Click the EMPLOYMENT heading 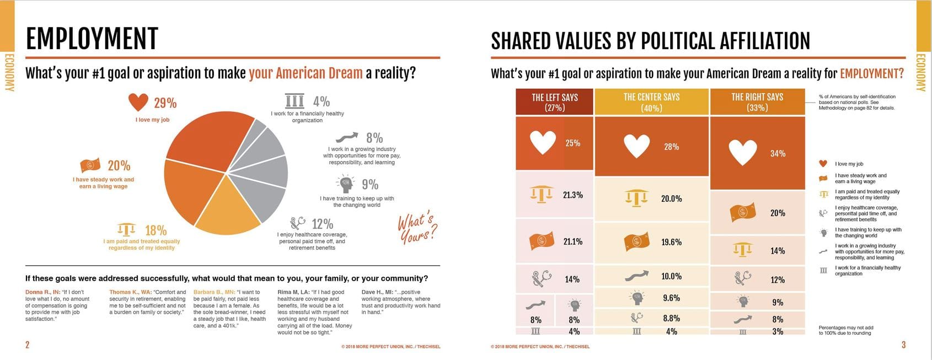(x=92, y=39)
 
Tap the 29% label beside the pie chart (x=165, y=103)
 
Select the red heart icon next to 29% (x=138, y=102)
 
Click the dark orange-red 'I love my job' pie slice (x=204, y=143)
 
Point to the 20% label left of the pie (x=119, y=165)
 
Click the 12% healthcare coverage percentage (x=322, y=224)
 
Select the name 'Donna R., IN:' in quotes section (x=42, y=292)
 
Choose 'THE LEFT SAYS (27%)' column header (x=554, y=102)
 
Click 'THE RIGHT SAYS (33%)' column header (x=757, y=102)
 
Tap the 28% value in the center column (x=671, y=147)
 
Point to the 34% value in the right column (x=778, y=153)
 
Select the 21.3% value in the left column (x=572, y=195)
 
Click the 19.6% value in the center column (x=671, y=242)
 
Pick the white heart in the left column (x=543, y=142)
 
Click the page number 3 (x=903, y=345)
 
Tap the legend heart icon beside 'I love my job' (x=823, y=164)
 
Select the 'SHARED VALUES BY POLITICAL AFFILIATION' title (x=650, y=41)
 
